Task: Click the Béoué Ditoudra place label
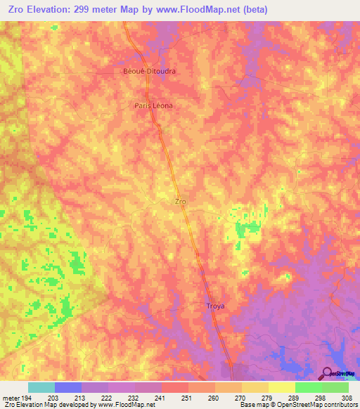point(149,72)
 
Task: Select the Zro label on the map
point(180,201)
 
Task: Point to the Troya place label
point(215,306)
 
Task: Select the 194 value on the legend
point(27,398)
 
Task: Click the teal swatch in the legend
point(41,387)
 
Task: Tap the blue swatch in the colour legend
point(67,387)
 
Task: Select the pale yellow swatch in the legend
point(282,387)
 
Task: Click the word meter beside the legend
point(10,398)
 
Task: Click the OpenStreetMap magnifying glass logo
point(326,373)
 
